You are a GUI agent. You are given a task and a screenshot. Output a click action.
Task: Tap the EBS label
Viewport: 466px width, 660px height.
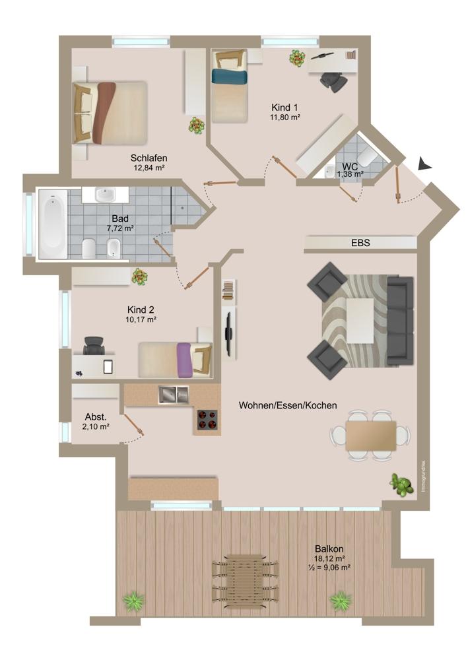coord(360,243)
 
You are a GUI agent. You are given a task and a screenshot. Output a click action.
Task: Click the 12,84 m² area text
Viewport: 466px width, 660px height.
coord(149,168)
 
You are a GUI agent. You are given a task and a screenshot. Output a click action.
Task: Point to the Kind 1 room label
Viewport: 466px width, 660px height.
coord(285,107)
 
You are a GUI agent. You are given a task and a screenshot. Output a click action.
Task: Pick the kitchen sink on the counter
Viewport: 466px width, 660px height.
coord(173,395)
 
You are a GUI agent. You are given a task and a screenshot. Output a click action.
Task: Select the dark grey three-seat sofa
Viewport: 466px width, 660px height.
coord(400,321)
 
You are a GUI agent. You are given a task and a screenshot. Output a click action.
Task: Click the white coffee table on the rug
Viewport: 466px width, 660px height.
coord(360,321)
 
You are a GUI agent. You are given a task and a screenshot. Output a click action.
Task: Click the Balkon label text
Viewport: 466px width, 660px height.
coord(329,548)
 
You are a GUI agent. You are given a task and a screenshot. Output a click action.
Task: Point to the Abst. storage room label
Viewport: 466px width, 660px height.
coord(96,417)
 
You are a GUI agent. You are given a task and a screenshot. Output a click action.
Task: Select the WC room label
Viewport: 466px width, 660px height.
coord(350,167)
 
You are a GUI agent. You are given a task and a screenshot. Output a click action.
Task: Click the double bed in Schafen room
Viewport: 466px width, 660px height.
coord(109,111)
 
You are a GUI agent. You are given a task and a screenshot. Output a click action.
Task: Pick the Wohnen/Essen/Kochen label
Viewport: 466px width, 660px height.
coord(288,406)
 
